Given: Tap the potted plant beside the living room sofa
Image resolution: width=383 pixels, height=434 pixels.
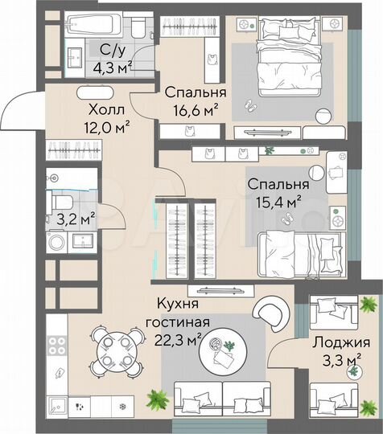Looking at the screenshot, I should coord(155,398).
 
